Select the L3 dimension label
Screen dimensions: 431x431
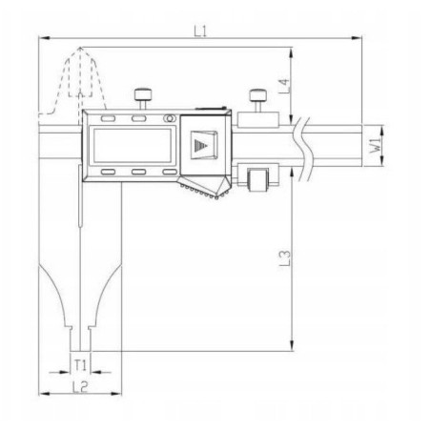tap(298, 257)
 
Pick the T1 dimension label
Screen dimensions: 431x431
tap(81, 364)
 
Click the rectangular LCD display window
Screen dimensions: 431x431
tap(133, 146)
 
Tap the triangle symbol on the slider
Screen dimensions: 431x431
tap(199, 146)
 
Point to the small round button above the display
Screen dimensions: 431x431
tap(169, 119)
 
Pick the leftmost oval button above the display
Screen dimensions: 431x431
tap(108, 119)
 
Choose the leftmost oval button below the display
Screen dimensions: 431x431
tap(108, 173)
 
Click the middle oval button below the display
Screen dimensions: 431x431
tap(138, 173)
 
